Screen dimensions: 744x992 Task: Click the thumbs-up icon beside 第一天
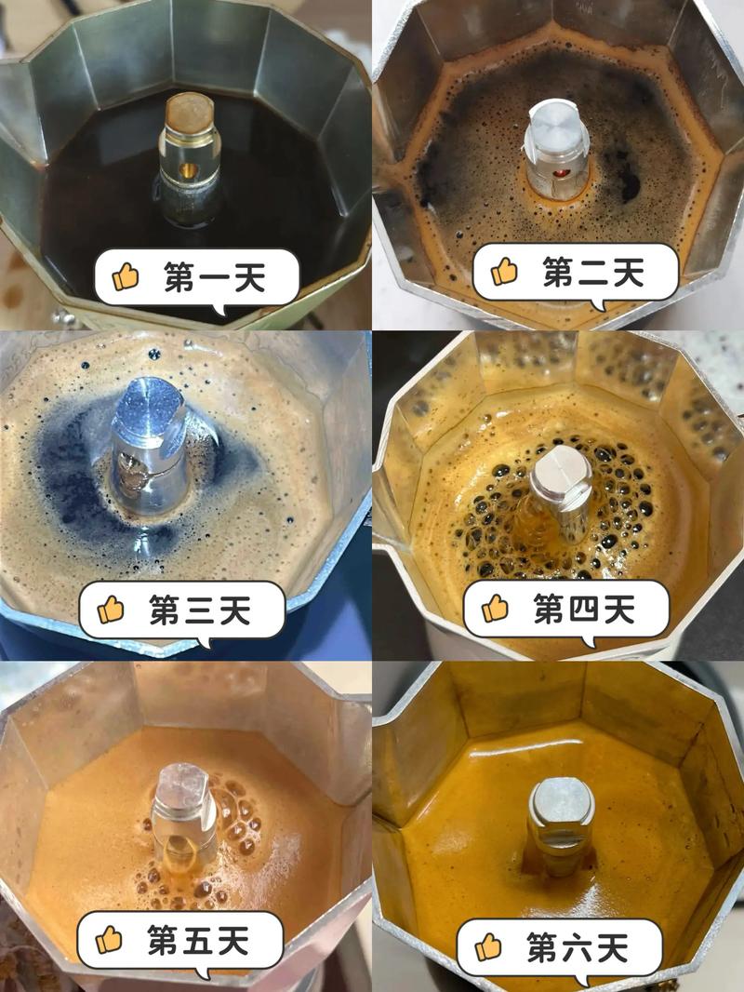pos(126,277)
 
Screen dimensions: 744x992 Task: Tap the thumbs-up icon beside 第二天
pos(504,272)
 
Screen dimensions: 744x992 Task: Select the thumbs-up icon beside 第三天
pos(111,610)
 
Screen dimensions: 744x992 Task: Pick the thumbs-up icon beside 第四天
pos(495,609)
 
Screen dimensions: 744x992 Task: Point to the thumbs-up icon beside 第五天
pos(109,940)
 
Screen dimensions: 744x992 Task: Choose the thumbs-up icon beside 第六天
pos(488,947)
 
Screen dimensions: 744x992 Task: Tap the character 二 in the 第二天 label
pos(593,273)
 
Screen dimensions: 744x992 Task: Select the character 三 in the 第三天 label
pos(200,610)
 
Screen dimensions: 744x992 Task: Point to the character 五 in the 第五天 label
pos(198,941)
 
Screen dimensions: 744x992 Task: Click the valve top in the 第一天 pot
pos(190,112)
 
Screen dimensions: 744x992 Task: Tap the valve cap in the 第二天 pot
pos(552,123)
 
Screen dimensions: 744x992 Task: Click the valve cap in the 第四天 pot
pos(561,468)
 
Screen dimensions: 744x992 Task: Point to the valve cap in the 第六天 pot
pos(561,802)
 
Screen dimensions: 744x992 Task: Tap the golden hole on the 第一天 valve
pos(188,171)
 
